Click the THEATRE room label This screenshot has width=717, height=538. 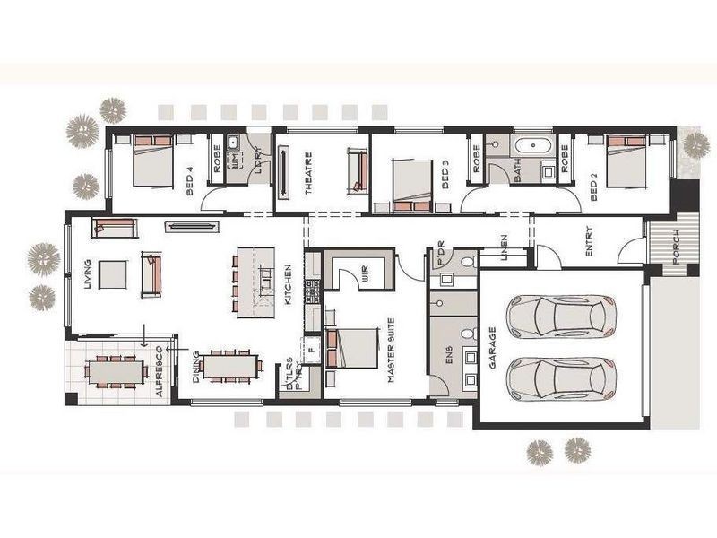(309, 178)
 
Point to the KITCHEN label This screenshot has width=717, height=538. (288, 284)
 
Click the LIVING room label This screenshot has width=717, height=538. (87, 274)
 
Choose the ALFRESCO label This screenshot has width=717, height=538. (160, 371)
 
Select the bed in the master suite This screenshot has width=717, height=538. (352, 349)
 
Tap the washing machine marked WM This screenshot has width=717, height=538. (236, 160)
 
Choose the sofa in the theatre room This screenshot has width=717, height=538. (356, 170)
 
